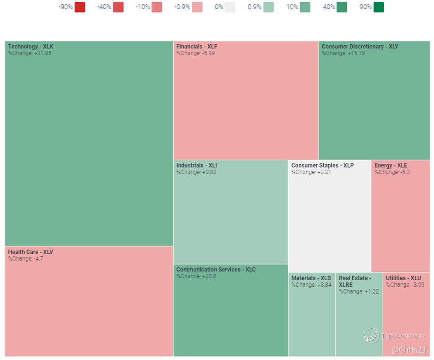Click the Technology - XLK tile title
coord(30,47)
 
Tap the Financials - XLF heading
coord(197,47)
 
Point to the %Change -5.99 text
coord(195,53)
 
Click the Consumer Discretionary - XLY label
coord(360,47)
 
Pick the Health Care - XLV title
coord(30,252)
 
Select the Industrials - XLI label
coord(196,165)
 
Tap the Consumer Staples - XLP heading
coord(322,165)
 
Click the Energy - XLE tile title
coord(391,165)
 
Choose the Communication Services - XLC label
coord(216,270)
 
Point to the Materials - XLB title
coord(311,278)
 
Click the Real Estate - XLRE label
coord(355,282)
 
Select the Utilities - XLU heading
coord(403,278)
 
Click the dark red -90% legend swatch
coord(79,7)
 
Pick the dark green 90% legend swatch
coord(379,7)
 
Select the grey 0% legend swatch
coord(230,7)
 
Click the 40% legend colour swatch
coord(342,7)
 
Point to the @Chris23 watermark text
coord(408,350)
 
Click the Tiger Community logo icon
coord(371,336)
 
